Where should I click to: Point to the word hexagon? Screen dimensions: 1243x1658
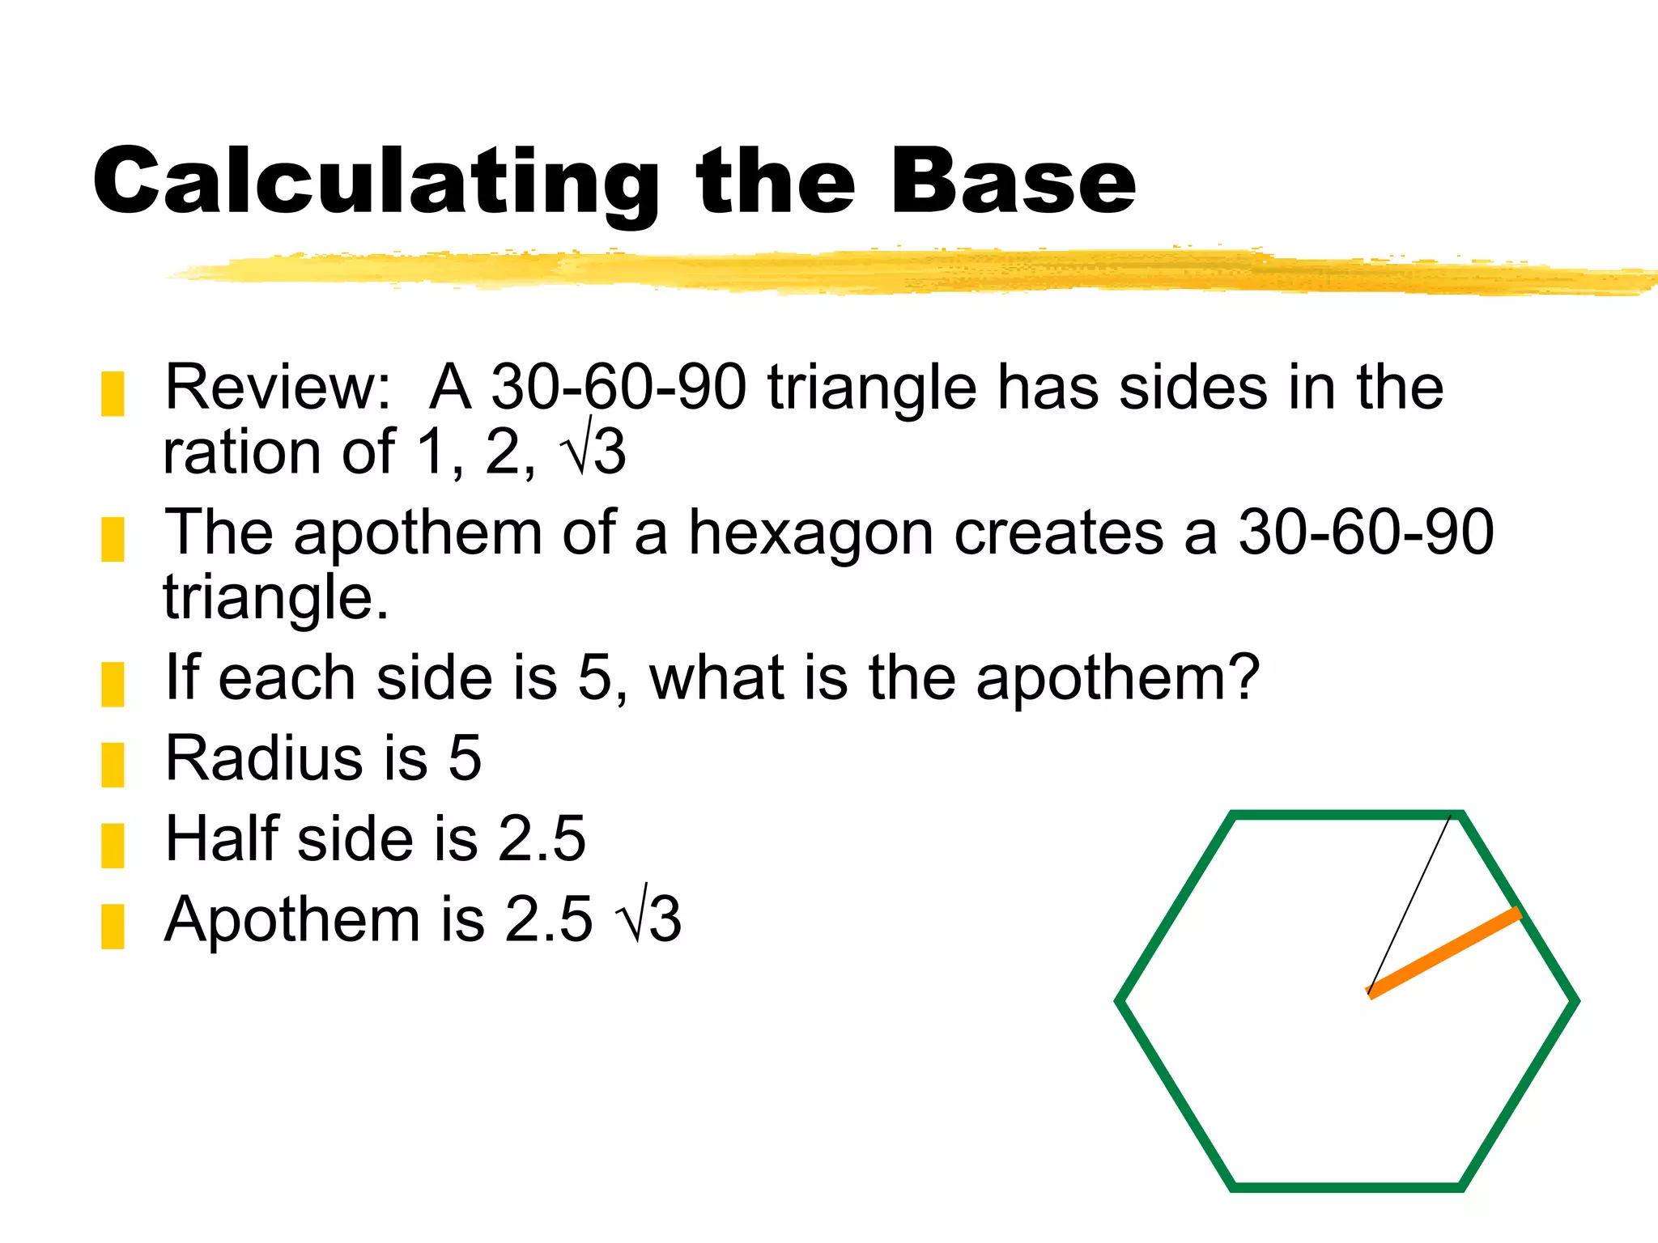[810, 534]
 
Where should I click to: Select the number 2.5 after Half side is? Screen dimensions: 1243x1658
[541, 838]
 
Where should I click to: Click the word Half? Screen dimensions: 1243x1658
[222, 838]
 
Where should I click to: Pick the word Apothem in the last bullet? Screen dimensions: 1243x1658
[291, 920]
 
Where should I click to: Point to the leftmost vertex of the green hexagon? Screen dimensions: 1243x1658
[1120, 1001]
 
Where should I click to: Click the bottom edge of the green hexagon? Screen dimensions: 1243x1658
[1346, 1187]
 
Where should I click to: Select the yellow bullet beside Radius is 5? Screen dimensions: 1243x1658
[113, 765]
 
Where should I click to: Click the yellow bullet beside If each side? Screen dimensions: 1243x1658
[113, 684]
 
